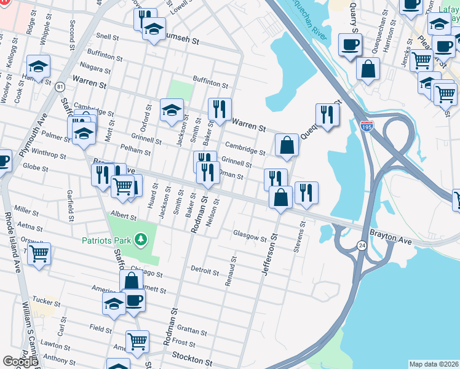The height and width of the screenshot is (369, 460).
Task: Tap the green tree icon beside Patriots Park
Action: click(141, 238)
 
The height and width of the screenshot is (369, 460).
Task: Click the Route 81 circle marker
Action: click(59, 87)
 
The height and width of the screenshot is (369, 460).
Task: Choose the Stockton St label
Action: click(191, 356)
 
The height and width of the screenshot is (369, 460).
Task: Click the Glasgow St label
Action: click(250, 237)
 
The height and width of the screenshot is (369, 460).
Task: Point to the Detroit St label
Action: click(205, 271)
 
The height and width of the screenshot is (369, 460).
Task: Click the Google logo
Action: click(20, 362)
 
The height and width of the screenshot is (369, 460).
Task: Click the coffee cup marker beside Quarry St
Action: click(350, 46)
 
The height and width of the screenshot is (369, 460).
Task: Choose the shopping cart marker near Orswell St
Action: click(39, 253)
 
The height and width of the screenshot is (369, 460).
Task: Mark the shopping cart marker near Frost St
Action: click(137, 341)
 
